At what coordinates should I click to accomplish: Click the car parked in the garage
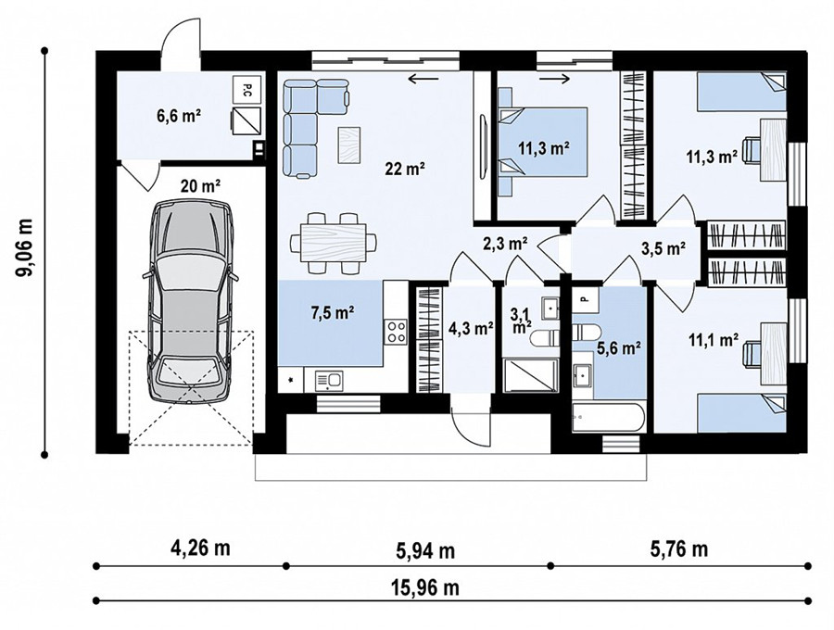(x=189, y=300)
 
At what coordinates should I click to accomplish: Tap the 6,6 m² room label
(x=178, y=116)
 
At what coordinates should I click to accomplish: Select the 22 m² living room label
(x=405, y=169)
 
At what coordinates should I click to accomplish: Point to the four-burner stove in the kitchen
(x=397, y=331)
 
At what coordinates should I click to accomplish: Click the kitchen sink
(x=329, y=381)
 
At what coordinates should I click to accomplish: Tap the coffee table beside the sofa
(x=349, y=145)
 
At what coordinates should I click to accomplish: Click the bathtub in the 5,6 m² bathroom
(x=608, y=418)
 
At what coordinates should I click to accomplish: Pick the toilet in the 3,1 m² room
(x=545, y=337)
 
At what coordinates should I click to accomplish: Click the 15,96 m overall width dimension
(x=425, y=588)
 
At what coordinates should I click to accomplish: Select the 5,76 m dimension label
(x=679, y=548)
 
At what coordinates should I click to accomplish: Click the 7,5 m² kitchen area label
(x=333, y=312)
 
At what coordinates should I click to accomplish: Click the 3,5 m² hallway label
(x=663, y=248)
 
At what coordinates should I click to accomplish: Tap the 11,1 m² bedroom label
(x=714, y=340)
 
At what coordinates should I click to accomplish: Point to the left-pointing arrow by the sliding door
(x=423, y=79)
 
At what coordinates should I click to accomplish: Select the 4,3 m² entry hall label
(x=471, y=329)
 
